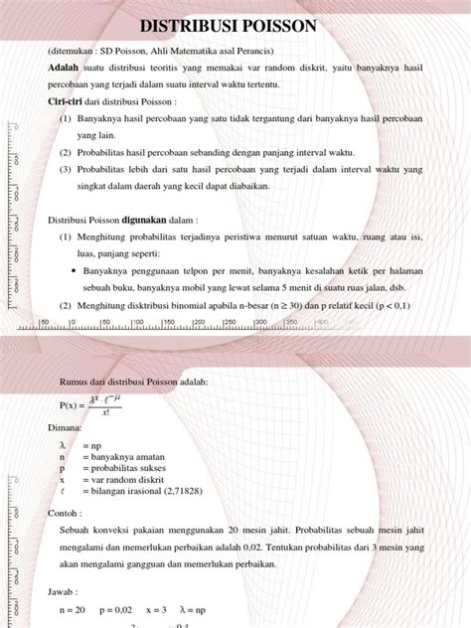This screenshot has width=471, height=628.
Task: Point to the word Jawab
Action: click(x=64, y=590)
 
